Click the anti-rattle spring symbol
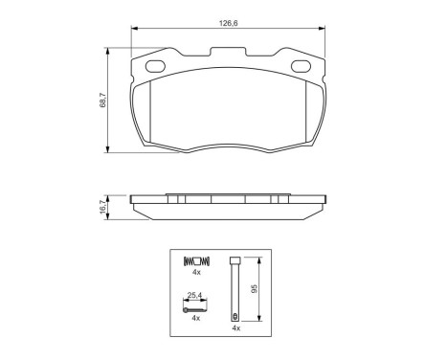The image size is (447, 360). point(195,260)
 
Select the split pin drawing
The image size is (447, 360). point(194,307)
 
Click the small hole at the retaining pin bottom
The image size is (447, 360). point(234,315)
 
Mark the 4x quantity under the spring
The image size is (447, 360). point(194,273)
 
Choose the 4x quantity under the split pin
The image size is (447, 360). point(194,318)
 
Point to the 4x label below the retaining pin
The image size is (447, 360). point(233,328)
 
